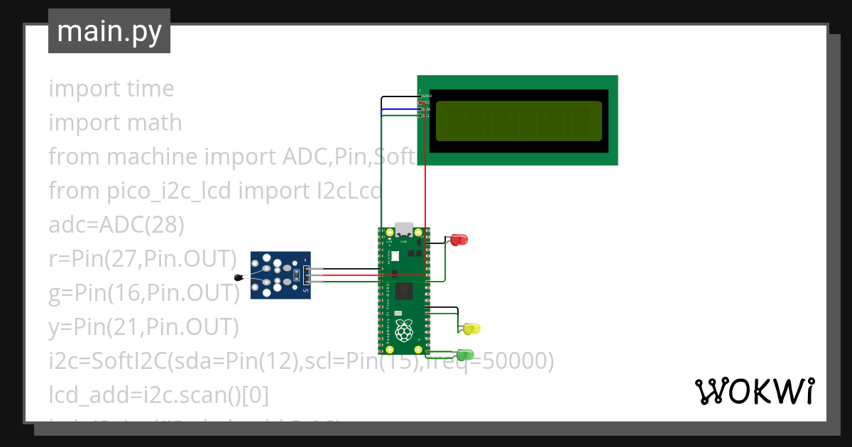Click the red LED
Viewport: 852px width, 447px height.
coord(459,240)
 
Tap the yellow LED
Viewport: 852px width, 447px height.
coord(471,329)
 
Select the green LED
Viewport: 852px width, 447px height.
coord(465,354)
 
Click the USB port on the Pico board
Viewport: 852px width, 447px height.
coord(404,230)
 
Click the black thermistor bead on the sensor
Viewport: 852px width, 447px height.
coord(239,277)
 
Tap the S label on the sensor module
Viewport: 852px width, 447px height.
coord(306,290)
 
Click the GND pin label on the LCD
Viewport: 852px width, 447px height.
coord(427,96)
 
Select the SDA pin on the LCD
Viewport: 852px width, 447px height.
coord(426,109)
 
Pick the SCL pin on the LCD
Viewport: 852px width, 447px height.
coord(426,116)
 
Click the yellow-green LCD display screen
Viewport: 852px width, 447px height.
coord(518,121)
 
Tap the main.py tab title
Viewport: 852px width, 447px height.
coord(109,32)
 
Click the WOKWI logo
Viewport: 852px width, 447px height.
coord(753,391)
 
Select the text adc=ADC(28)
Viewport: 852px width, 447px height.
coord(116,225)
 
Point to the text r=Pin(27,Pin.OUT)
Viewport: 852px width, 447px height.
coord(142,259)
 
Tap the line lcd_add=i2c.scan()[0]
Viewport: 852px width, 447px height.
coord(158,395)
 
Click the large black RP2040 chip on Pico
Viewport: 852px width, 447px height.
coord(405,291)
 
